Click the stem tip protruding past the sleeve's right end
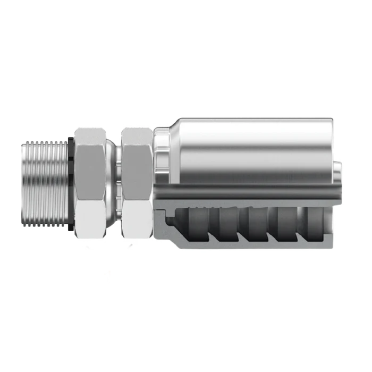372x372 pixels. pos(337,175)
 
